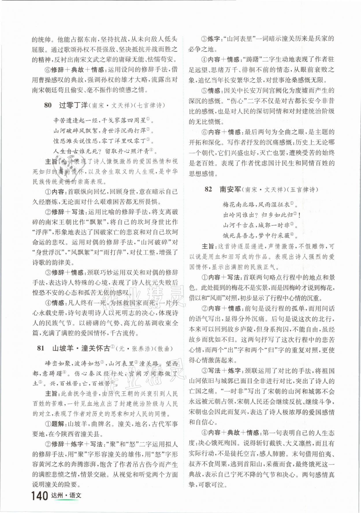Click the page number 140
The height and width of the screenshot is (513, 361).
(40, 496)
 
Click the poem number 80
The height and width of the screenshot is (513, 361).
(48, 105)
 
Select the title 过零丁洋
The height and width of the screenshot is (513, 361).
(73, 105)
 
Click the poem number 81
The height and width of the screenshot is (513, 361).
(41, 348)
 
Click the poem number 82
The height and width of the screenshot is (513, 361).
(208, 189)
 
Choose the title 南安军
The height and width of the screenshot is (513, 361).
(230, 189)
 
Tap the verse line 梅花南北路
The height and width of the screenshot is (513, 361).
(239, 204)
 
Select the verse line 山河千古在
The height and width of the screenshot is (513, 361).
(239, 225)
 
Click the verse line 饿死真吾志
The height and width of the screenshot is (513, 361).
(239, 235)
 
